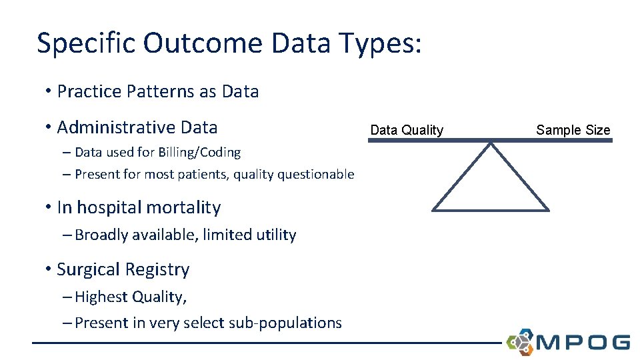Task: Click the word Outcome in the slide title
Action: pos(203,43)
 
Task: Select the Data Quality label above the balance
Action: pos(407,130)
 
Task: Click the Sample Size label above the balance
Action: pos(573,130)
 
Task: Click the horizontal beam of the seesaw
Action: pos(490,140)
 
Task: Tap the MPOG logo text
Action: pos(583,343)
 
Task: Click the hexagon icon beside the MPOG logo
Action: pos(520,341)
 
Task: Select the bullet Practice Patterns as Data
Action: pos(158,91)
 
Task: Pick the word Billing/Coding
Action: pos(200,153)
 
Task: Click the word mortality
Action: pos(183,207)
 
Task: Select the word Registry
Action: pos(159,269)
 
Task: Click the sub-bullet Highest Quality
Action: pos(131,297)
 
